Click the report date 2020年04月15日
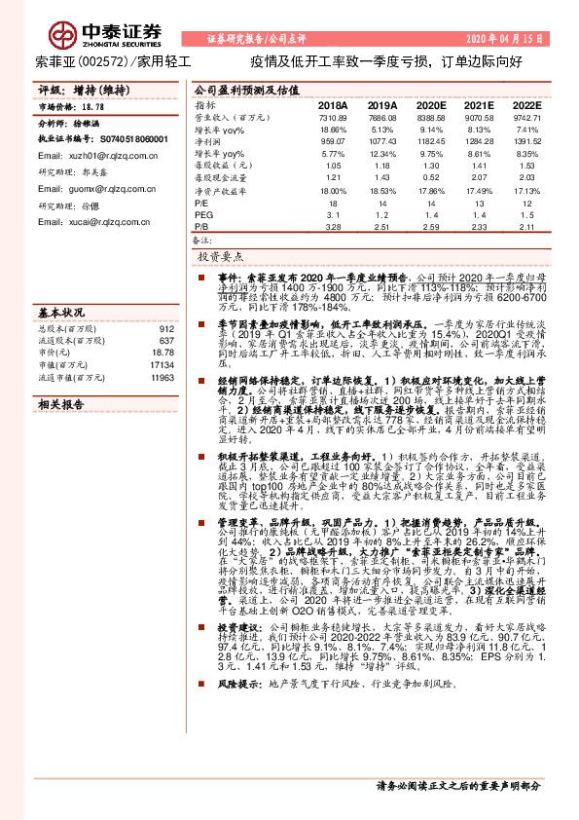(x=505, y=39)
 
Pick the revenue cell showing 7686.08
(x=382, y=117)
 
